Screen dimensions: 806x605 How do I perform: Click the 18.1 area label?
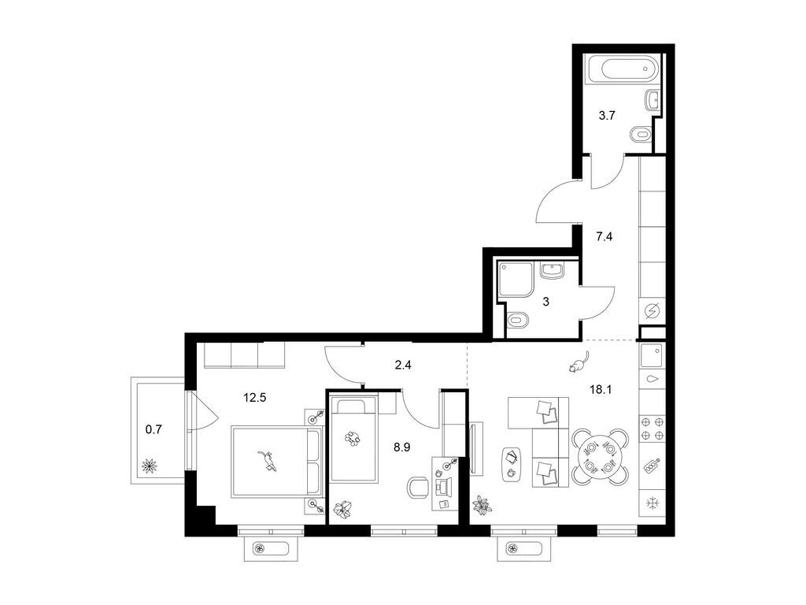601,389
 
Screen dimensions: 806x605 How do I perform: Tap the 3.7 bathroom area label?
607,116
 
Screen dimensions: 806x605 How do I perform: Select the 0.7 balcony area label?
153,429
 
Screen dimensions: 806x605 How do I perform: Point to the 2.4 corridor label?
403,366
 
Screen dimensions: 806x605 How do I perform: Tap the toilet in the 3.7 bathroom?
641,135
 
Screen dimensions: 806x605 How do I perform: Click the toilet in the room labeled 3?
518,321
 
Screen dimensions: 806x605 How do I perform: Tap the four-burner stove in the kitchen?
653,429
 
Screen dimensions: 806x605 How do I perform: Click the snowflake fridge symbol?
653,503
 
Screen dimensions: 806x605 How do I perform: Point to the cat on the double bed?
268,460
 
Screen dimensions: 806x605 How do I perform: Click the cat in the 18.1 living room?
579,362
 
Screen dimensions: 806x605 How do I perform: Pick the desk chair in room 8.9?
417,488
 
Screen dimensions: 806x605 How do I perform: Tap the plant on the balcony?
150,466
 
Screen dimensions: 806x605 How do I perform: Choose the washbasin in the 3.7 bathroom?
651,100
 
